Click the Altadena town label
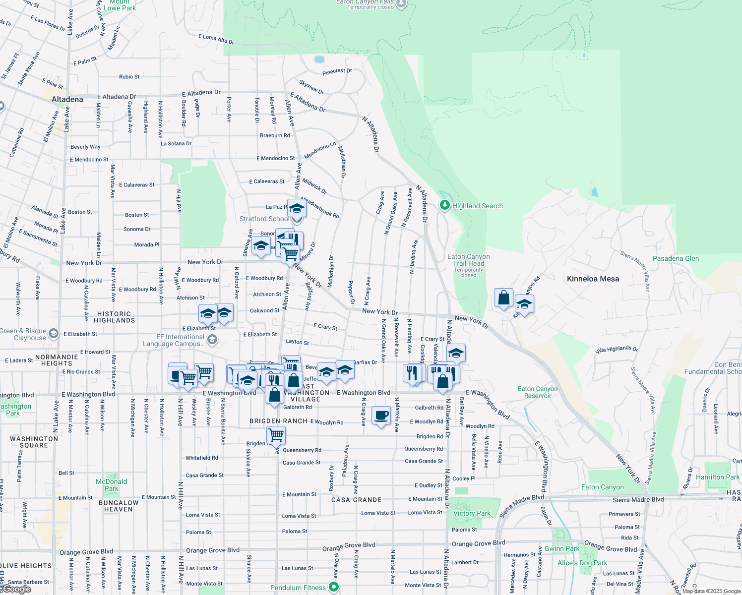67,99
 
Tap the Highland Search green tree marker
445,205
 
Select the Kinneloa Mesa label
593,279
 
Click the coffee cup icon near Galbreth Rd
381,416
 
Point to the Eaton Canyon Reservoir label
538,392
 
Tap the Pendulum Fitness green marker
333,587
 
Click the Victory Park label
472,513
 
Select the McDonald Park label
112,485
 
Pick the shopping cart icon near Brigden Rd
276,435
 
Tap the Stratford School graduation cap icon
297,209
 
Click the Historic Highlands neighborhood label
114,317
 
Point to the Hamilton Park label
717,477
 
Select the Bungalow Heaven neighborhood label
119,506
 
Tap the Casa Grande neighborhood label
357,500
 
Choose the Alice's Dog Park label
582,563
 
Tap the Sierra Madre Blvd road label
638,499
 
